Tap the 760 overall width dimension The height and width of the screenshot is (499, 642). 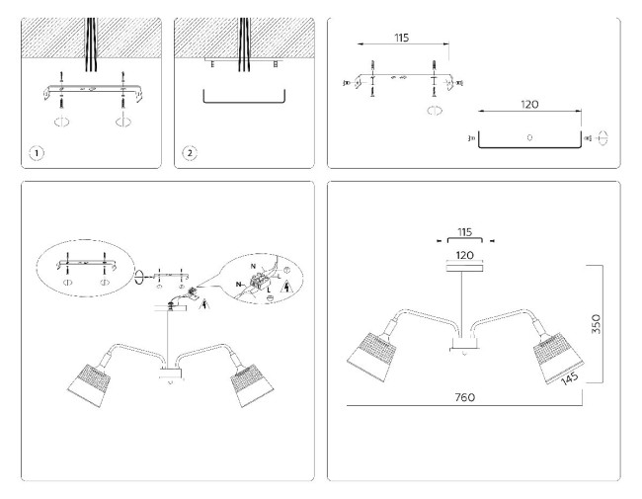[x=464, y=397]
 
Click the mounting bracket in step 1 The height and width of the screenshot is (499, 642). [x=90, y=91]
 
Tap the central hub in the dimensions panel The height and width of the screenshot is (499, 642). [x=463, y=346]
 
